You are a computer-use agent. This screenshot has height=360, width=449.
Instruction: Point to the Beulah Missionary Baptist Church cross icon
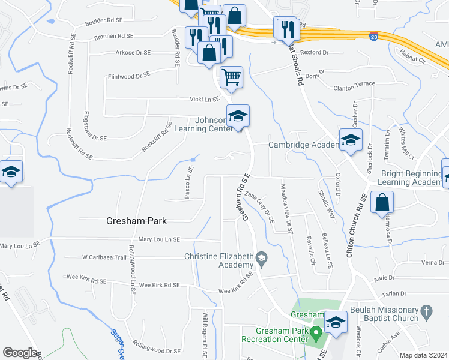426,311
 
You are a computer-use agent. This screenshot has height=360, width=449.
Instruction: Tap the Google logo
20,353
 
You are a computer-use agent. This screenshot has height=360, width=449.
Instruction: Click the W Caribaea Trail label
104,257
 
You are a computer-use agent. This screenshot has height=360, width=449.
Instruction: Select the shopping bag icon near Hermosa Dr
382,203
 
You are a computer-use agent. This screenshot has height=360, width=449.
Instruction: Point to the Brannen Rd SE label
113,36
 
